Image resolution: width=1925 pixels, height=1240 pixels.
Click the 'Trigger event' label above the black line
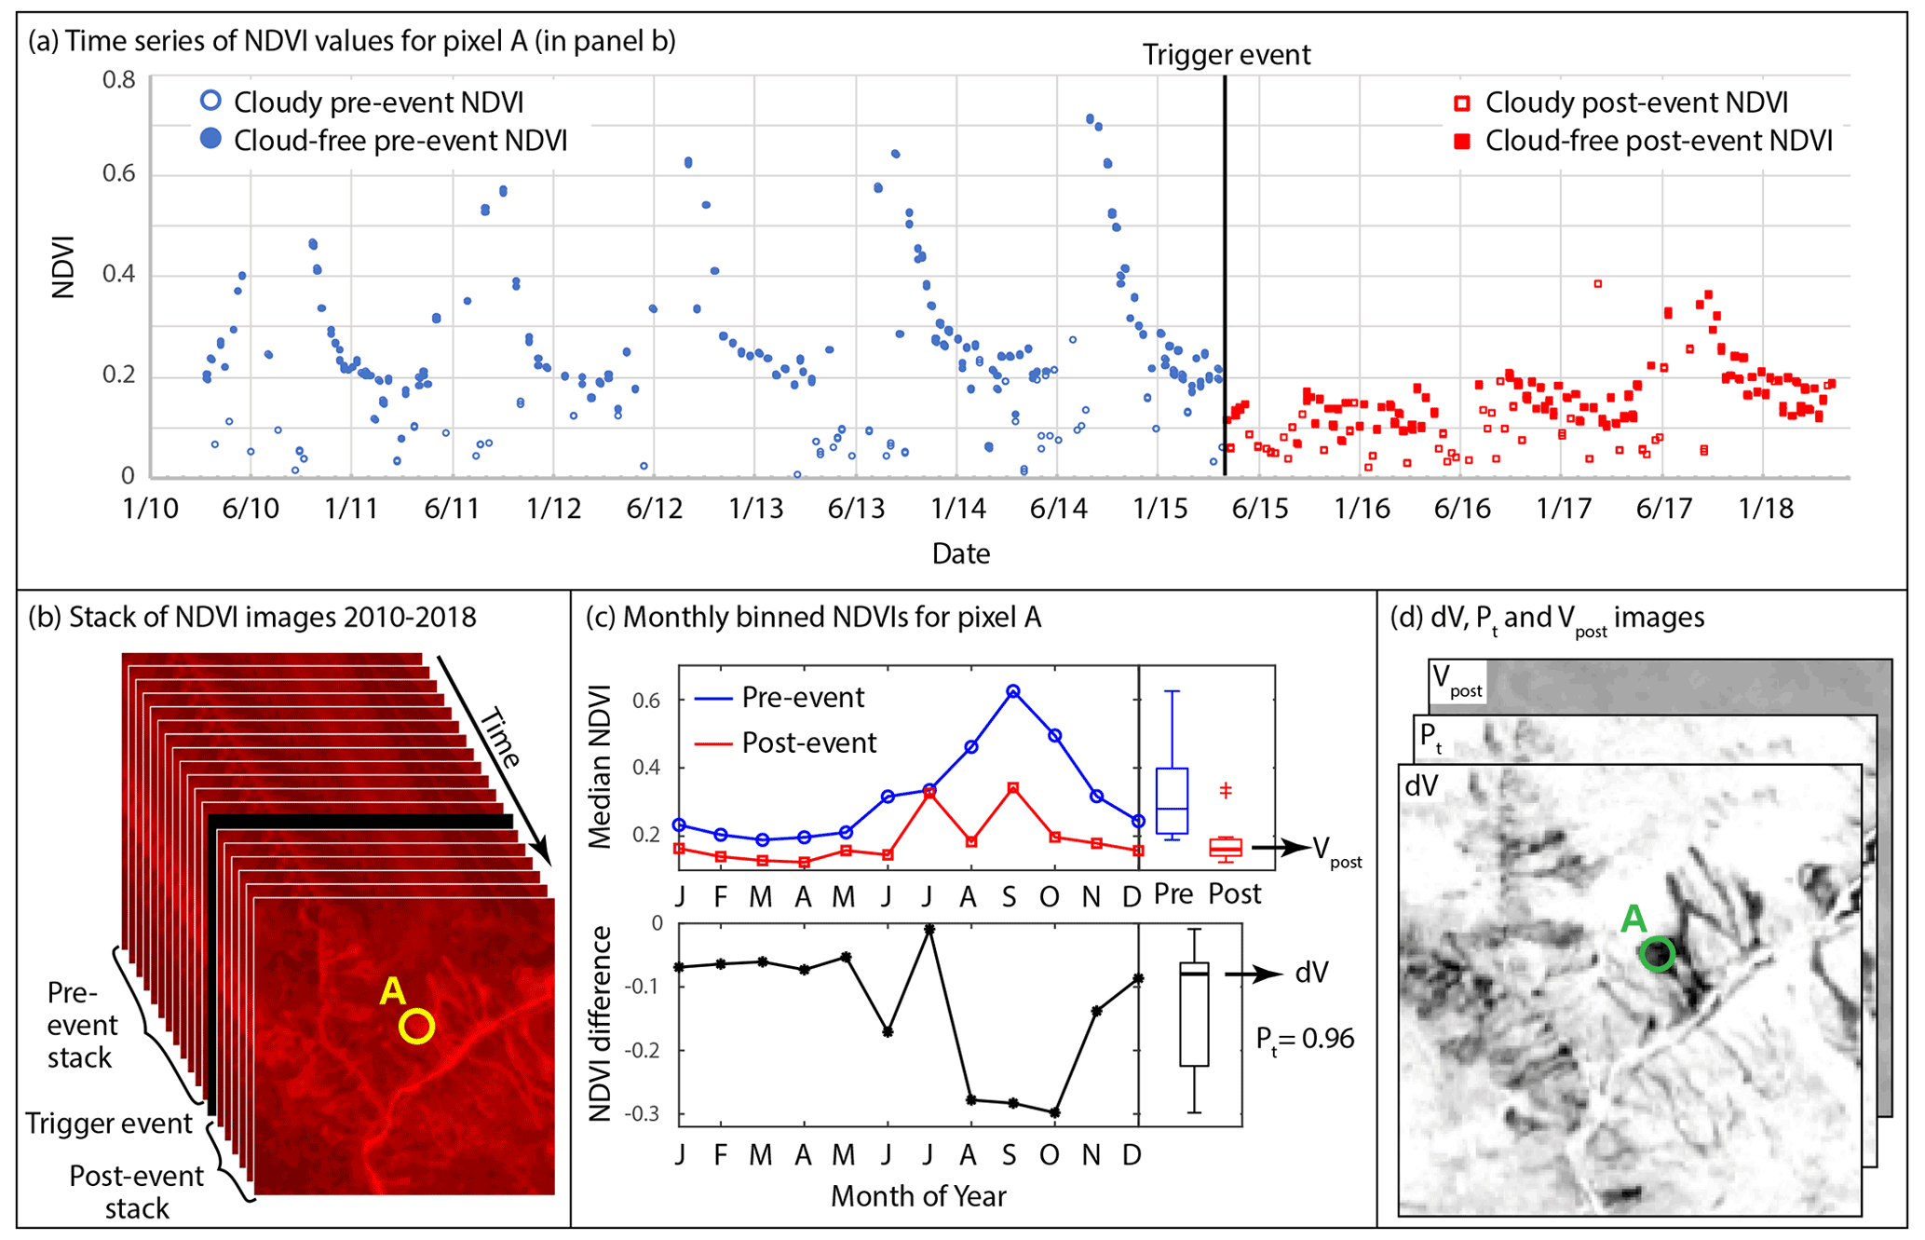[x=1226, y=55]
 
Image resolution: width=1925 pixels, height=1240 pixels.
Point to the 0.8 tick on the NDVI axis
[x=118, y=80]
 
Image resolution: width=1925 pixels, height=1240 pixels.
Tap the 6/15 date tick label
[x=1259, y=509]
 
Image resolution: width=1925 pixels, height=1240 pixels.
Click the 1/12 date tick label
[x=553, y=509]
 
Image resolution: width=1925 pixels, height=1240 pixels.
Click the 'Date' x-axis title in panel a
[x=960, y=553]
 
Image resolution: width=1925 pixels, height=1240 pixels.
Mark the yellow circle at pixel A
[x=416, y=1026]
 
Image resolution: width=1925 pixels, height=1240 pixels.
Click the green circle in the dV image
[x=1657, y=954]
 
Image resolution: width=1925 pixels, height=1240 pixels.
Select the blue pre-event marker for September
[x=1012, y=691]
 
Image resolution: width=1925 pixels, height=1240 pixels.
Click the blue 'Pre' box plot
[x=1172, y=800]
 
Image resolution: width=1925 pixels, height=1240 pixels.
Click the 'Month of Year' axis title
[x=918, y=1195]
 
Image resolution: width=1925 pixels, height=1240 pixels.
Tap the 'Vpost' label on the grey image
[x=1457, y=679]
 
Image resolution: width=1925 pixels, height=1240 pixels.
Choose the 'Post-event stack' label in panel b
[x=136, y=1192]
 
